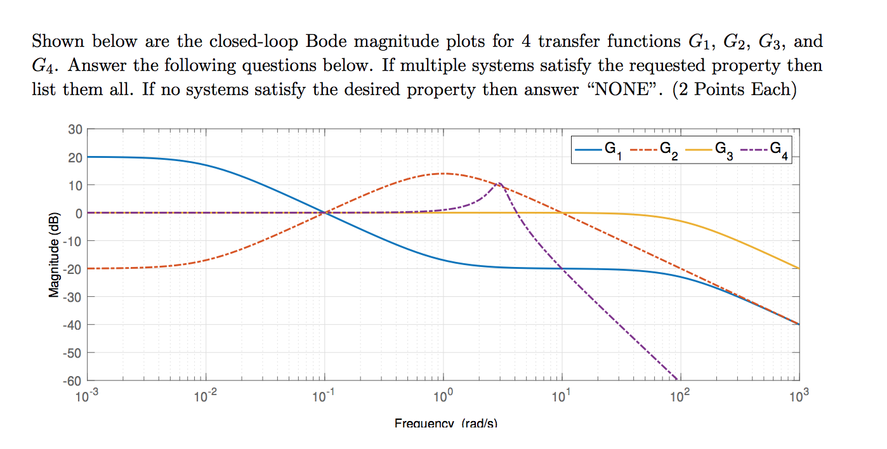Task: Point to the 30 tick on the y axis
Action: pos(75,129)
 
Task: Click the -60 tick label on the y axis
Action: pos(72,381)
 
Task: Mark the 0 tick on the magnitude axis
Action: pos(78,213)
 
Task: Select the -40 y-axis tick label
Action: pos(72,325)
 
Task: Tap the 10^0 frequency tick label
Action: pos(443,398)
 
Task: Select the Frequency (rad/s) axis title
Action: pos(445,422)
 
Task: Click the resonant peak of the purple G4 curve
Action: pos(500,183)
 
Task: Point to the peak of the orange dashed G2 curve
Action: pos(443,174)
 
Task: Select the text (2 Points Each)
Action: pos(735,89)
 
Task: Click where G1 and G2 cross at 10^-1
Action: pos(325,213)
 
